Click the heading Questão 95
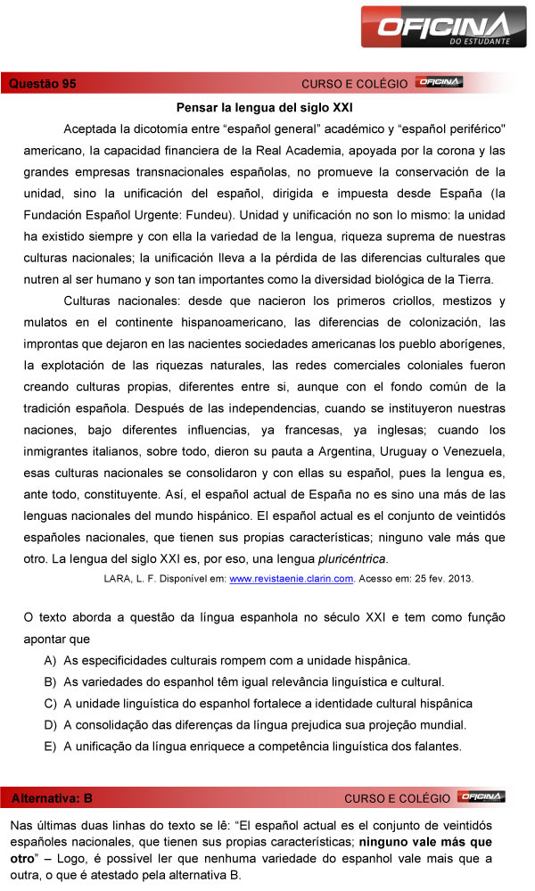[x=42, y=84]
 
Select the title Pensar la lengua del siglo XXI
[x=265, y=105]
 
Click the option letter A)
[x=50, y=660]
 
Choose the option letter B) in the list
[x=50, y=681]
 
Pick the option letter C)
[x=50, y=703]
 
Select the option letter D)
[x=50, y=724]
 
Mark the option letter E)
[x=50, y=746]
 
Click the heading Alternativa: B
[x=52, y=797]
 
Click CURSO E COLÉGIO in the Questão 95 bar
[x=354, y=84]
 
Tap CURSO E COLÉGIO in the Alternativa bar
[x=397, y=797]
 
